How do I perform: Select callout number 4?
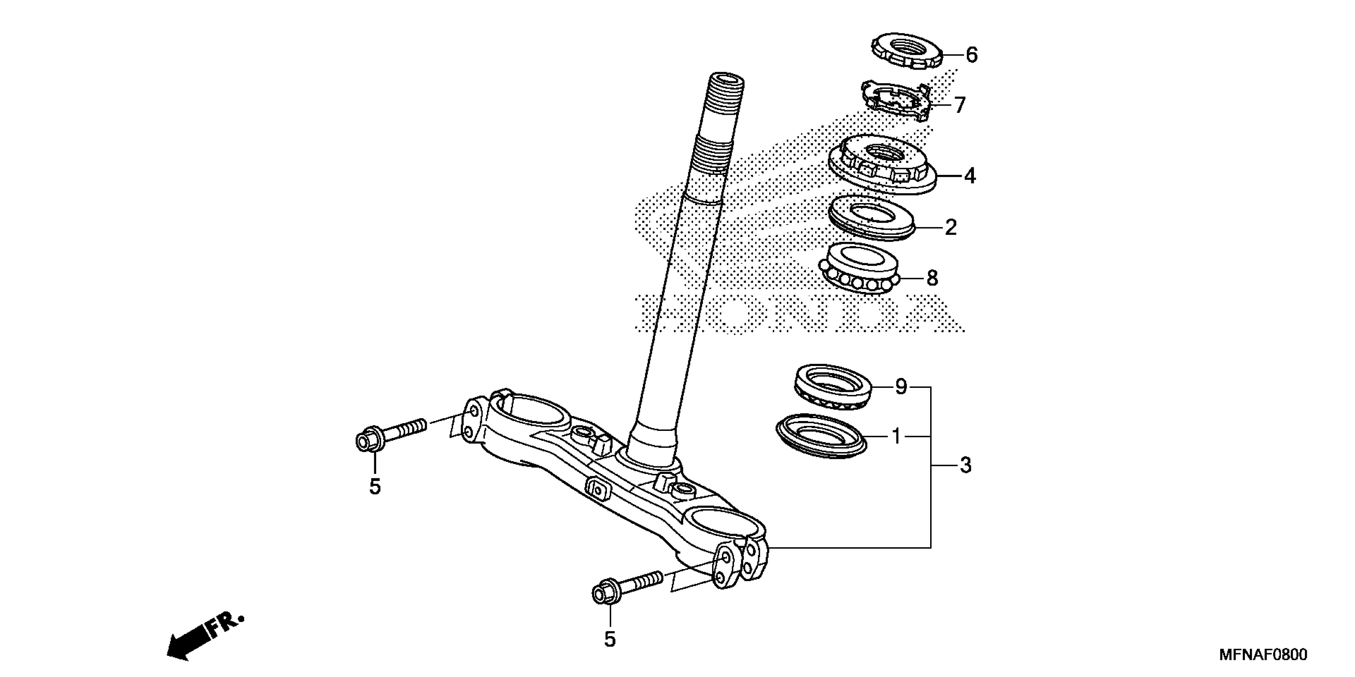click(x=970, y=176)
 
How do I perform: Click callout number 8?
click(x=932, y=278)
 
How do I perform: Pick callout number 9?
click(x=901, y=387)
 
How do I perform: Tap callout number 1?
click(x=896, y=436)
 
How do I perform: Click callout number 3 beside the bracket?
click(x=965, y=466)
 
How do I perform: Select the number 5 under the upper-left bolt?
click(x=375, y=487)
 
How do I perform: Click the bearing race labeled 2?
click(x=872, y=217)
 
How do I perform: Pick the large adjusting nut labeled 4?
click(x=884, y=164)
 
